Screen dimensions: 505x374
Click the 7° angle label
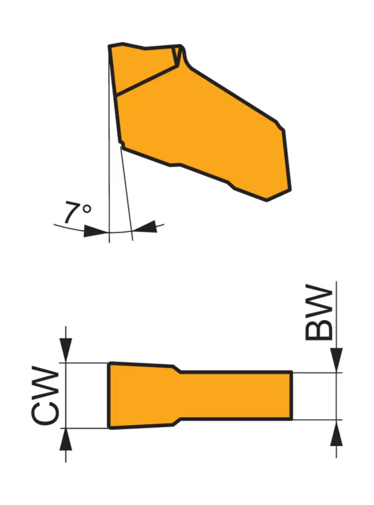77,213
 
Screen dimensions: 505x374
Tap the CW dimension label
45,396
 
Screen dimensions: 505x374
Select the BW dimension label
319,314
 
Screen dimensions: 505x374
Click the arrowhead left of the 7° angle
95,230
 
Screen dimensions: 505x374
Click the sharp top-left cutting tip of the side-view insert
110,47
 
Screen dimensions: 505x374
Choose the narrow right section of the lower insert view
236,396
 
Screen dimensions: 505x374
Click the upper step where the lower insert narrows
177,369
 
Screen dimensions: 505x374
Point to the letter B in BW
319,328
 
